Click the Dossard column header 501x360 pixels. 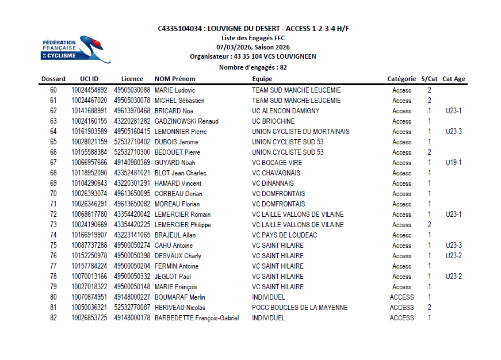pos(53,79)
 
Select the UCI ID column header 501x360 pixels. pos(89,79)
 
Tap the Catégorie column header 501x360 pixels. pos(401,79)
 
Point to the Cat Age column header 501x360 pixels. pos(454,79)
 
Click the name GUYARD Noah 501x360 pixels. pos(175,163)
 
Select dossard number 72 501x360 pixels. pos(53,215)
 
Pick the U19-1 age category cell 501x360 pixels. pos(454,163)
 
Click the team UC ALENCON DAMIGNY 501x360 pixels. pos(285,111)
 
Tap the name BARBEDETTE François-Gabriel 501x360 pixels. pos(197,318)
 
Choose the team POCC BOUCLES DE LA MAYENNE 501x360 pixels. pos(300,308)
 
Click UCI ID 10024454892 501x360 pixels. pos(89,90)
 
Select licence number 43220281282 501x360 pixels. pos(132,121)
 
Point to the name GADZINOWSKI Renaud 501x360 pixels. pos(186,121)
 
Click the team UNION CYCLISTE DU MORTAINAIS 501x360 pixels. pos(300,132)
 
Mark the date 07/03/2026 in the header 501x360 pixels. pos(233,47)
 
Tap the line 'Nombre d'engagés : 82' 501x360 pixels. pos(253,67)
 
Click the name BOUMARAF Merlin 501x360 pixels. pos(180,297)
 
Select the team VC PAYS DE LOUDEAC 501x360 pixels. pos(285,235)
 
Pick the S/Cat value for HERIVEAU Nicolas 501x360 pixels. pos(429,308)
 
